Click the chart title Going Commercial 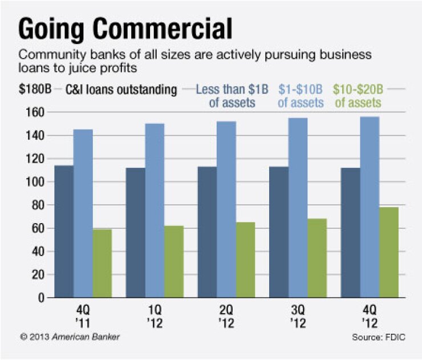(125, 29)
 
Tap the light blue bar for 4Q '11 (83, 213)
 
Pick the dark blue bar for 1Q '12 (135, 233)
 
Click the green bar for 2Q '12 (245, 260)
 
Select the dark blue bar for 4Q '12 (350, 233)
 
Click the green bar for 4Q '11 (102, 263)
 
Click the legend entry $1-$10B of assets (301, 96)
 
